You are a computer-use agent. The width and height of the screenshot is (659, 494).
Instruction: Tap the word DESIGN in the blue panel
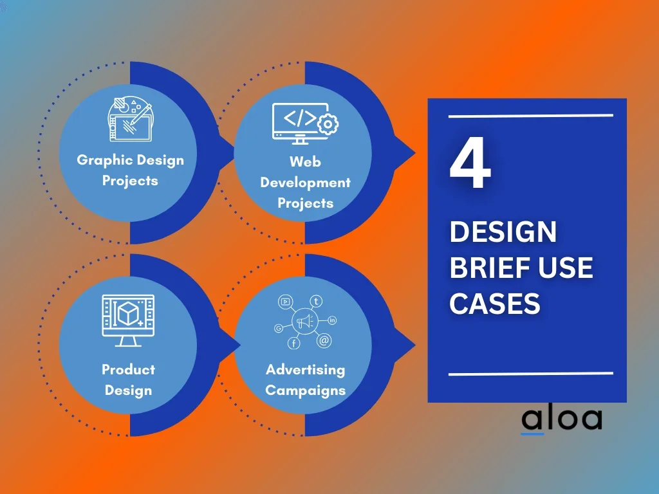click(503, 232)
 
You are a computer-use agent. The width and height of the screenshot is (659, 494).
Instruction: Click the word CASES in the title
click(495, 304)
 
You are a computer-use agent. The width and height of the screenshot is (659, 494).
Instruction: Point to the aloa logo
click(561, 420)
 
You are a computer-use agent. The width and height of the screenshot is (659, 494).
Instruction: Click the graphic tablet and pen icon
click(130, 119)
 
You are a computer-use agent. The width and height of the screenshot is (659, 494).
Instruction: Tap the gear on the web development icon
click(328, 124)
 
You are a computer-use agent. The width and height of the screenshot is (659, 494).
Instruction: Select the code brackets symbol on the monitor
click(300, 118)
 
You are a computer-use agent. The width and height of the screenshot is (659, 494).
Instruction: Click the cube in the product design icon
click(128, 314)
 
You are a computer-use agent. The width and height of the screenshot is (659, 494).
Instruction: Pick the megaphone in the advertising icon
click(306, 322)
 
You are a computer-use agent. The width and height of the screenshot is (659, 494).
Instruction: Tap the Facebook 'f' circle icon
click(293, 343)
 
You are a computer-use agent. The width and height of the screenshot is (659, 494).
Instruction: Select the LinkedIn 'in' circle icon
click(332, 320)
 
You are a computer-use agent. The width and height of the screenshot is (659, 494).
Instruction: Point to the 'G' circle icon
click(278, 329)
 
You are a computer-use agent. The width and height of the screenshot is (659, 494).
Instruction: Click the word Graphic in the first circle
click(105, 160)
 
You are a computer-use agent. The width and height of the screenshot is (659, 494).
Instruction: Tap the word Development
click(306, 183)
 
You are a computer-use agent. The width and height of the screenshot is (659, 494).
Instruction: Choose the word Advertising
click(306, 370)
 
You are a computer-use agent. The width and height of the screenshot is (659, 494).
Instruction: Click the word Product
click(128, 369)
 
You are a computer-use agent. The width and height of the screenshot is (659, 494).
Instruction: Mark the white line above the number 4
click(531, 116)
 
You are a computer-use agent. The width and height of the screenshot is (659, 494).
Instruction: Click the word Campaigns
click(306, 390)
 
